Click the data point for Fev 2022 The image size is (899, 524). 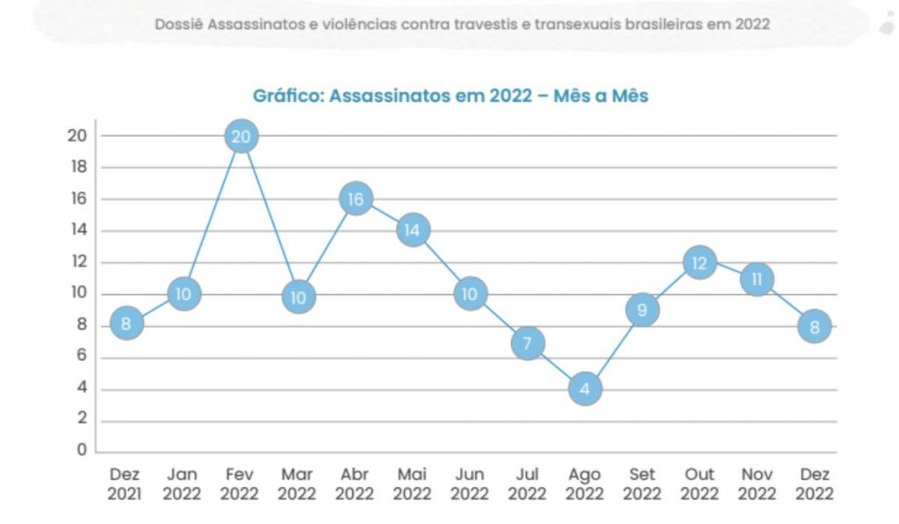coord(241,136)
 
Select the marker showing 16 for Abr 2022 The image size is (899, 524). coord(356,199)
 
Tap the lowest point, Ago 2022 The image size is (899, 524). coord(585,388)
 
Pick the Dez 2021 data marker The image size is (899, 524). coord(126,325)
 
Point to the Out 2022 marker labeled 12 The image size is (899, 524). coord(699,262)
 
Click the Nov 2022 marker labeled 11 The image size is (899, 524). coord(756,279)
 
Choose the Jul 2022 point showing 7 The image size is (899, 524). coord(528,342)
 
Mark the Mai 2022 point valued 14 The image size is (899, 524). coord(413,231)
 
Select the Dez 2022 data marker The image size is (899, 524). coord(814,326)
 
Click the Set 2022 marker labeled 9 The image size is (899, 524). coord(642,309)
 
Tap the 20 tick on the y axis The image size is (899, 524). coord(76,136)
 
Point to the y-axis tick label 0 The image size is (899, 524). coord(82,450)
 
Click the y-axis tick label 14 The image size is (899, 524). coord(76,231)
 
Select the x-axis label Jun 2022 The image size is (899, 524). coord(470,484)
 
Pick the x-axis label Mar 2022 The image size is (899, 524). coord(298,484)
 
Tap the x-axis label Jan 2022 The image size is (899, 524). coord(183,484)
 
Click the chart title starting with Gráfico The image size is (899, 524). coord(449,96)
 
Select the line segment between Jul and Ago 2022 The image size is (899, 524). coord(556,365)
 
